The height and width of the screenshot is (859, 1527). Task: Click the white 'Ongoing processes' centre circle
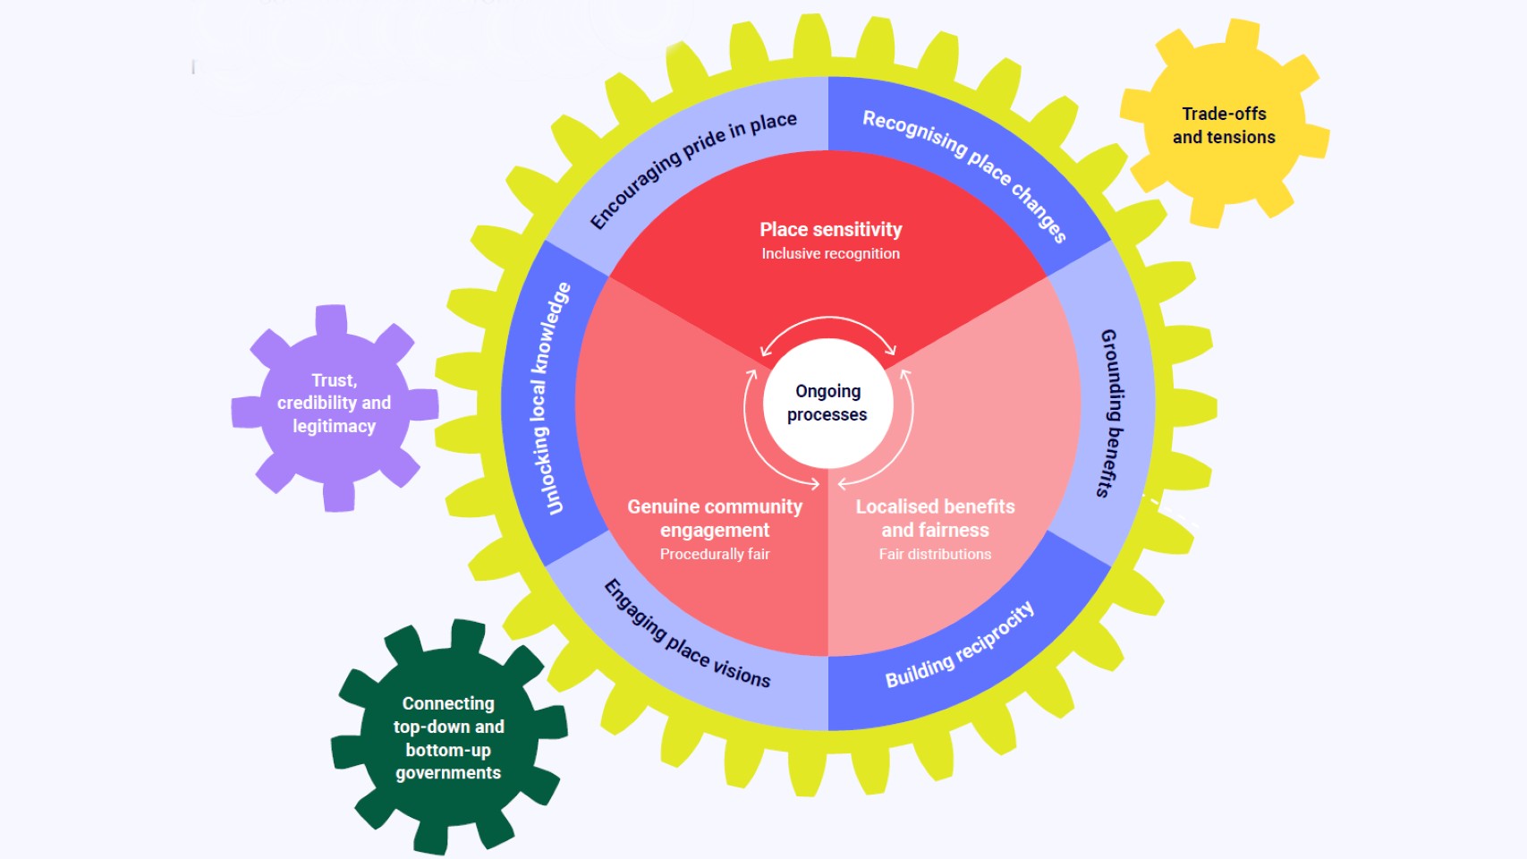pos(827,403)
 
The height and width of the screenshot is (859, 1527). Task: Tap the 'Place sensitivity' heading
pos(831,230)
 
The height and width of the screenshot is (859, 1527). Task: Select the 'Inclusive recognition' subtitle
pos(831,254)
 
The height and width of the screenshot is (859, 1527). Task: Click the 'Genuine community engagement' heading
pos(715,518)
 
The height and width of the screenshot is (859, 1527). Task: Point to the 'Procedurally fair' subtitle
pos(715,555)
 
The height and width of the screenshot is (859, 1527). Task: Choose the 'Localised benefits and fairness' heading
pos(935,518)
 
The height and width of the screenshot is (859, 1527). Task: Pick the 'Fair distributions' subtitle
pos(935,555)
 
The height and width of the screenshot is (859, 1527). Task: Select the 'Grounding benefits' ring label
pos(1109,412)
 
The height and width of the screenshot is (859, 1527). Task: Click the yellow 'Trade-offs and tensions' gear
pos(1224,125)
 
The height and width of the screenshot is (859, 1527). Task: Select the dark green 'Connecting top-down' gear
pos(448,738)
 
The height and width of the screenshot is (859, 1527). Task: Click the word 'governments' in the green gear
pos(448,773)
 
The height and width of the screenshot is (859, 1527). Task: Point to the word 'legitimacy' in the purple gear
pos(334,427)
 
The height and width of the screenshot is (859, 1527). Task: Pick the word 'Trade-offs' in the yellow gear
pos(1224,114)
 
